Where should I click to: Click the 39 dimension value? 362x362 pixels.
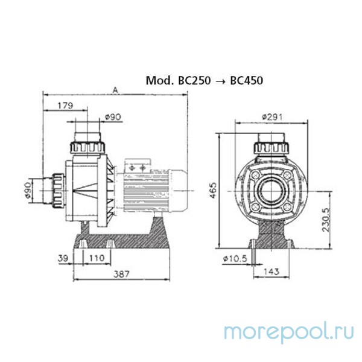[62, 258]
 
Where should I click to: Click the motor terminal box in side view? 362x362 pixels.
[137, 166]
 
